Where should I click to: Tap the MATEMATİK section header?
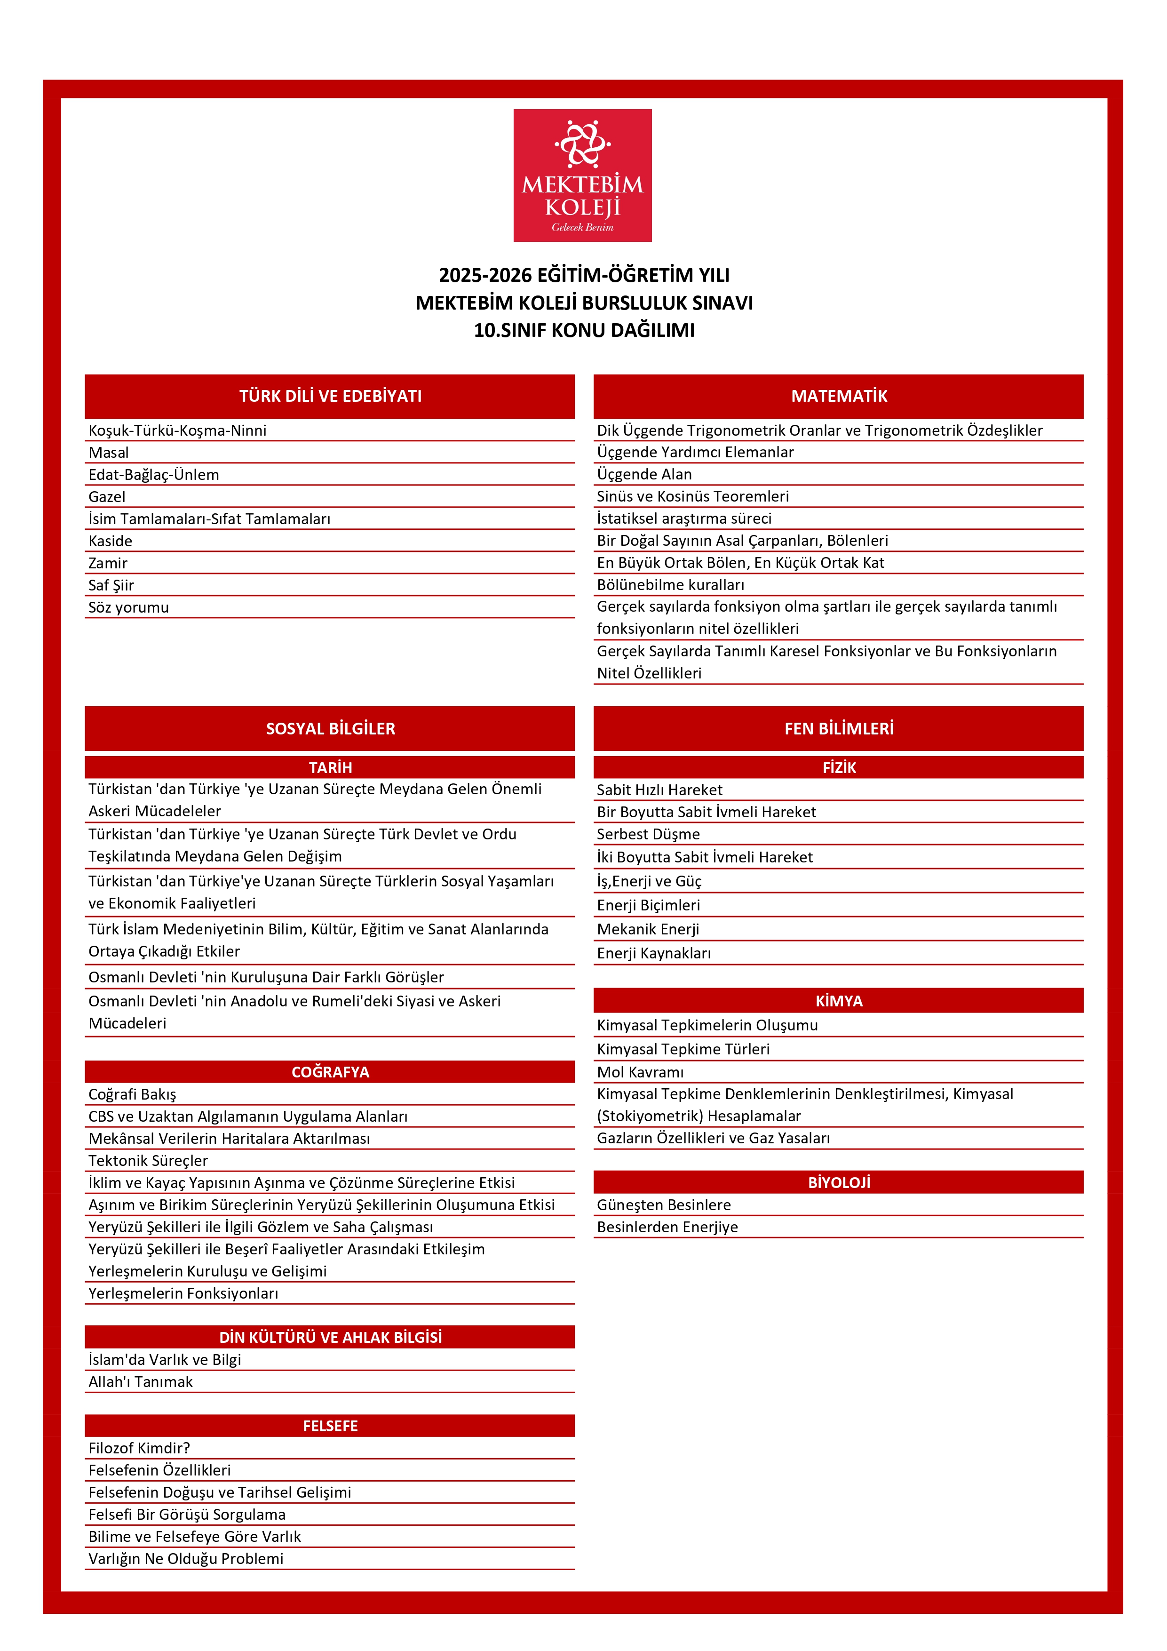838,396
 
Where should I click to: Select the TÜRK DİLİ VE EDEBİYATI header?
330,396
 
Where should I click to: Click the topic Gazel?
107,497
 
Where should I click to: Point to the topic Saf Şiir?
111,585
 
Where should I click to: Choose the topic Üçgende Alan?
644,475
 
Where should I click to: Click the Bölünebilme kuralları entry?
670,585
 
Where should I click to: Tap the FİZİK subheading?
838,767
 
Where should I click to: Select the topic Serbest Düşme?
648,834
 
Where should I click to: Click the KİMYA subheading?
838,1001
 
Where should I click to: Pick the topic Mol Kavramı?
640,1072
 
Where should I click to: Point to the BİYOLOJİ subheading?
838,1183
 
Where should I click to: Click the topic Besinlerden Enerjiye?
667,1228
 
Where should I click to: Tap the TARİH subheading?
330,767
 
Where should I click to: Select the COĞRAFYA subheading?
330,1072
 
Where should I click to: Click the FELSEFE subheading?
330,1426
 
